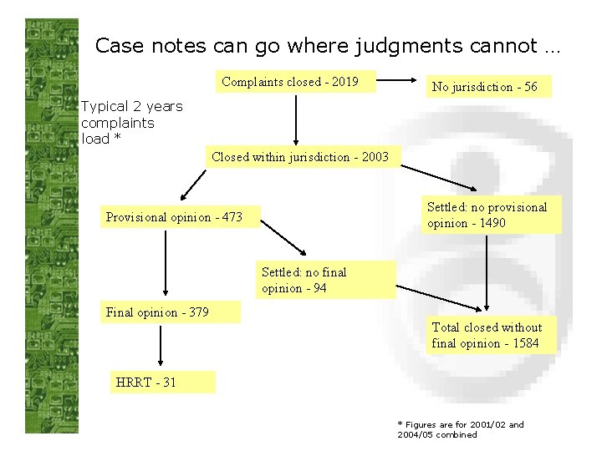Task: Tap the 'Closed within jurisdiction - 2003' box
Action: [300, 157]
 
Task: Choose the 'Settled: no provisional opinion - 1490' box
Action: [487, 215]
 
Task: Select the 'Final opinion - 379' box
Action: [169, 312]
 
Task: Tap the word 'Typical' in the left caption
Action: [105, 107]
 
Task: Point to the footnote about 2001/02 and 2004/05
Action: [459, 429]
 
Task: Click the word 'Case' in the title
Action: [114, 45]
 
